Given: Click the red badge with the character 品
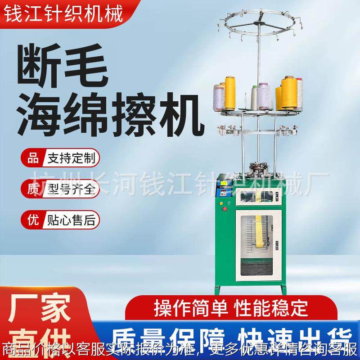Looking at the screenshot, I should pyautogui.click(x=31, y=159).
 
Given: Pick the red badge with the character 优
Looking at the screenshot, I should pyautogui.click(x=31, y=220).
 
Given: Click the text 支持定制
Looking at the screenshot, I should pyautogui.click(x=70, y=159).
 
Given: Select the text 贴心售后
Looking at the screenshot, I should pyautogui.click(x=70, y=220).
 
